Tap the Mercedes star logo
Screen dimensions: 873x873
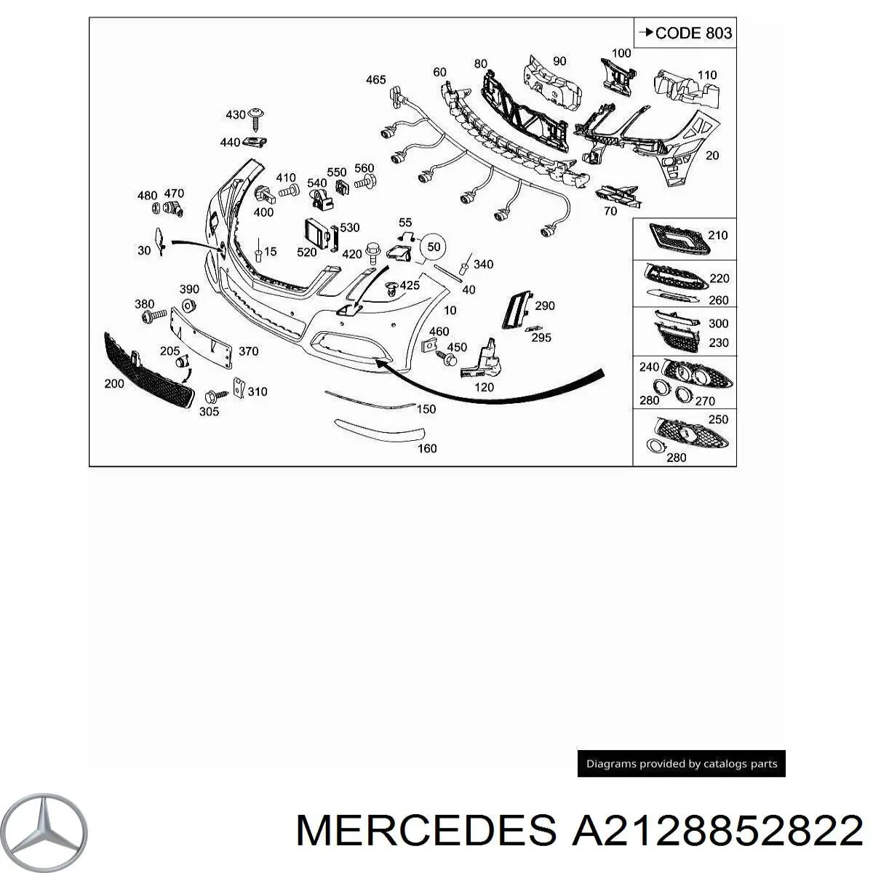(44, 832)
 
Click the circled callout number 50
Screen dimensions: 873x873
(434, 247)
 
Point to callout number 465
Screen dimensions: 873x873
(376, 80)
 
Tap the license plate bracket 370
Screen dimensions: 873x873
(201, 335)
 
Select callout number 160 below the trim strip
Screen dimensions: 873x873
(427, 448)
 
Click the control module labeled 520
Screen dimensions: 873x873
(316, 234)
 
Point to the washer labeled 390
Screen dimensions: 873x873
(188, 306)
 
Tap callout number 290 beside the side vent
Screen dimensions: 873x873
(545, 306)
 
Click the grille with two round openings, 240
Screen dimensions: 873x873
(698, 374)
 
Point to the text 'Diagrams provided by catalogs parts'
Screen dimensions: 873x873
(682, 764)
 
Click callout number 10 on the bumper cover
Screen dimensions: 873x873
(450, 311)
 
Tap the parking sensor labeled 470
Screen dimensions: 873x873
(172, 209)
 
